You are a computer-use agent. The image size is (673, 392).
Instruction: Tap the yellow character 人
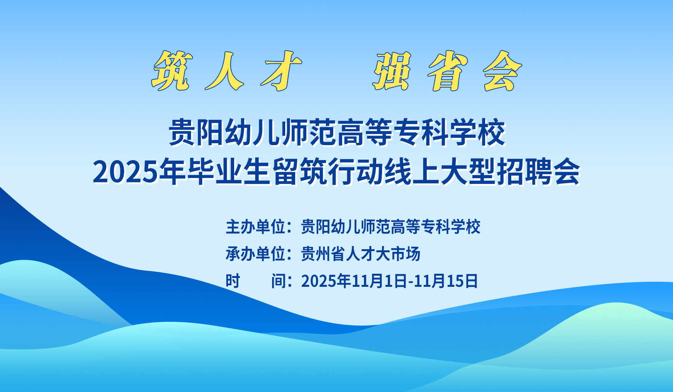pos(224,71)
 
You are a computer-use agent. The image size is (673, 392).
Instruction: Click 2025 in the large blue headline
pos(126,172)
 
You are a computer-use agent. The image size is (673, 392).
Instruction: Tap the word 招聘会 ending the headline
pos(538,172)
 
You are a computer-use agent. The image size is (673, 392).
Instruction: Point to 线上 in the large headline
pos(412,172)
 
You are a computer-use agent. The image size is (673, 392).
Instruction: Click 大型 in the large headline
pos(468,172)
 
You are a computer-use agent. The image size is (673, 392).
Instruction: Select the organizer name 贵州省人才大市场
pos(361,254)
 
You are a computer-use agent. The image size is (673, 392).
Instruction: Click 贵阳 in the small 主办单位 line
pos(316,227)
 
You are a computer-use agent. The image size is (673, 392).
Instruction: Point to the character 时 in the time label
pos(233,281)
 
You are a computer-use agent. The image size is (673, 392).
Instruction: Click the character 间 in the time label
pos(278,281)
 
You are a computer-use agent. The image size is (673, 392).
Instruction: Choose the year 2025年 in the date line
pos(326,281)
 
